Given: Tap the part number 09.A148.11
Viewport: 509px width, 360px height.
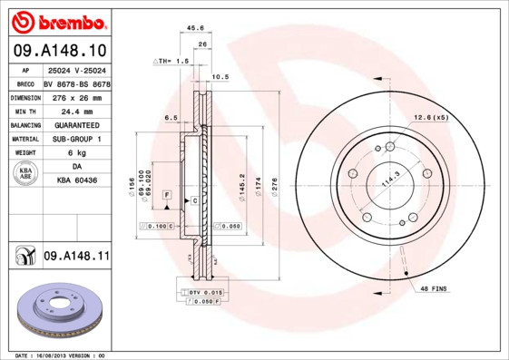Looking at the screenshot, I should click(75, 257).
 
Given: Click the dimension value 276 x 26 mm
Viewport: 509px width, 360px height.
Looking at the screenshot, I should click(75, 96).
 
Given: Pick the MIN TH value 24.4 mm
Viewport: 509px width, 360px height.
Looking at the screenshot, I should click(75, 110).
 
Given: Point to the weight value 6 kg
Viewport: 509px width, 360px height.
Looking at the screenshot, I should click(75, 153).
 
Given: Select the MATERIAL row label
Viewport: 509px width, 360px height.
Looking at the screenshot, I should click(24, 139).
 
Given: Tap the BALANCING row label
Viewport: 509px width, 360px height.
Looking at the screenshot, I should click(24, 124).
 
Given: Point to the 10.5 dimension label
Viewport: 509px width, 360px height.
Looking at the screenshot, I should click(220, 77).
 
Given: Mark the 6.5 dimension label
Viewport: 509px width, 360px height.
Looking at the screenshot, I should click(170, 118).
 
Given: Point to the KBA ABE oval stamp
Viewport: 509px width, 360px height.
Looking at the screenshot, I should click(25, 174).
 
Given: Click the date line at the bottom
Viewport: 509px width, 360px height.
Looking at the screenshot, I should click(61, 355).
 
